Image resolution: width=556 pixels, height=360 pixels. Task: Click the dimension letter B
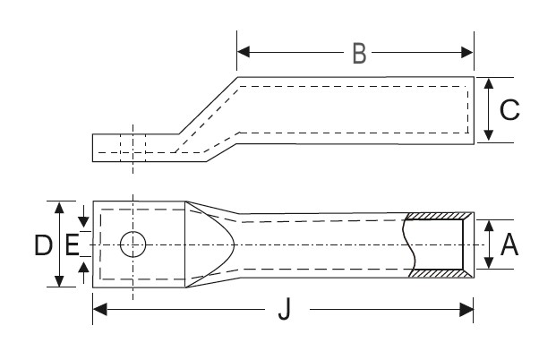pyautogui.click(x=358, y=54)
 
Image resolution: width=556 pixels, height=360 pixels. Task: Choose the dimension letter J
pyautogui.click(x=285, y=310)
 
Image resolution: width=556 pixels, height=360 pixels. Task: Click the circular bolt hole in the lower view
pyautogui.click(x=133, y=244)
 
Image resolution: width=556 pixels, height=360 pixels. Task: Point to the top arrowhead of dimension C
pyautogui.click(x=488, y=83)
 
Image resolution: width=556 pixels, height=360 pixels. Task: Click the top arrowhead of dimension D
pyautogui.click(x=60, y=207)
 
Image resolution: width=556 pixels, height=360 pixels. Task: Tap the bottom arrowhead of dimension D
pyautogui.click(x=60, y=281)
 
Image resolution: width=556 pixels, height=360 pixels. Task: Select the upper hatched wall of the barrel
pyautogui.click(x=439, y=216)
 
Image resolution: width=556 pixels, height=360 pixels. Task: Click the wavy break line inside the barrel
pyautogui.click(x=410, y=244)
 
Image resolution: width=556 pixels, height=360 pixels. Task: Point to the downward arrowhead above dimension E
pyautogui.click(x=83, y=221)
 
